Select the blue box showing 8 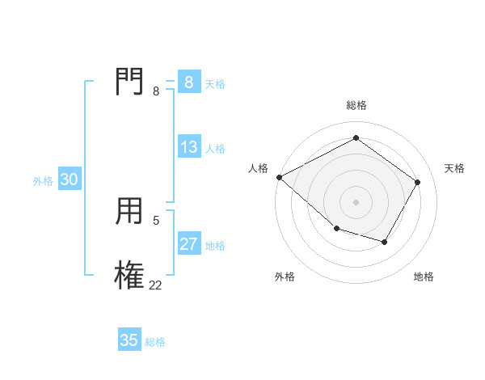click(x=188, y=82)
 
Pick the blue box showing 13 click(x=189, y=147)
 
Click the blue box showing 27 click(x=189, y=244)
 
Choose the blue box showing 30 click(x=69, y=179)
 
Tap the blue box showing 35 click(x=129, y=340)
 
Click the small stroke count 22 click(x=155, y=285)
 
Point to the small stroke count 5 click(x=156, y=220)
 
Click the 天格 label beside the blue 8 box click(x=215, y=83)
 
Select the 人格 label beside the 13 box click(x=215, y=149)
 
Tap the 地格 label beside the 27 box click(x=215, y=246)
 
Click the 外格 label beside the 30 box click(x=43, y=181)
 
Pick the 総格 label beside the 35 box click(x=155, y=342)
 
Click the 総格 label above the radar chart click(x=356, y=105)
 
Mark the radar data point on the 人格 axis click(x=279, y=177)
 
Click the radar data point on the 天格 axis click(x=417, y=182)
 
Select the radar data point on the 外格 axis click(x=336, y=229)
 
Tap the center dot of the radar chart click(x=356, y=201)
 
